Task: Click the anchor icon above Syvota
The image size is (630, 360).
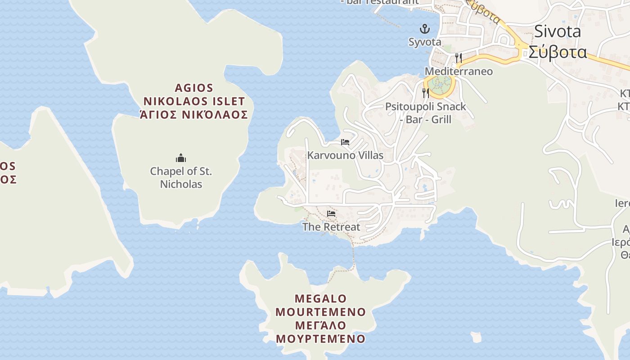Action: tap(425, 30)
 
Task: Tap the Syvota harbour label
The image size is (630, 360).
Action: tap(425, 42)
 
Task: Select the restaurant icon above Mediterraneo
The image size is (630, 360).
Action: tap(458, 58)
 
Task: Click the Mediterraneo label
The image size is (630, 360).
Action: tap(459, 71)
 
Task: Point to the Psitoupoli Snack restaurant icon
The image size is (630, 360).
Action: tap(425, 93)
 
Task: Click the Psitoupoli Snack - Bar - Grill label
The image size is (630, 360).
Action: tap(426, 113)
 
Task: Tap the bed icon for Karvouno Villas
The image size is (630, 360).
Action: tap(345, 142)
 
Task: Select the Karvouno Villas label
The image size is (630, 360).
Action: tap(345, 155)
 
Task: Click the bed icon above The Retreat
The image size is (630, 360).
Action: tap(331, 213)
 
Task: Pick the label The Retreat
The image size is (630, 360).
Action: tap(331, 227)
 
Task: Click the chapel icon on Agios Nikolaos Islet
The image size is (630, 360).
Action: tap(181, 158)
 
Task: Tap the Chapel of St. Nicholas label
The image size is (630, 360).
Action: tap(181, 177)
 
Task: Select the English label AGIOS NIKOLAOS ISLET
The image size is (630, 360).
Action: tap(194, 94)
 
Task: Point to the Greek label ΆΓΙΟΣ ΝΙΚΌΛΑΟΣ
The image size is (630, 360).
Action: tap(194, 114)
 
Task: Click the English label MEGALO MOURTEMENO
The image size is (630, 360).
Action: tap(321, 305)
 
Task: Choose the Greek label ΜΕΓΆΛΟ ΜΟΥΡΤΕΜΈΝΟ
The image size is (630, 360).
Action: tap(321, 332)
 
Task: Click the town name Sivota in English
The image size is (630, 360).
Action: tap(558, 31)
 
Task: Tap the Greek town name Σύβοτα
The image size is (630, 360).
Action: tap(558, 52)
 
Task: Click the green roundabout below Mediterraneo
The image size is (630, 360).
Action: tap(439, 84)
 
